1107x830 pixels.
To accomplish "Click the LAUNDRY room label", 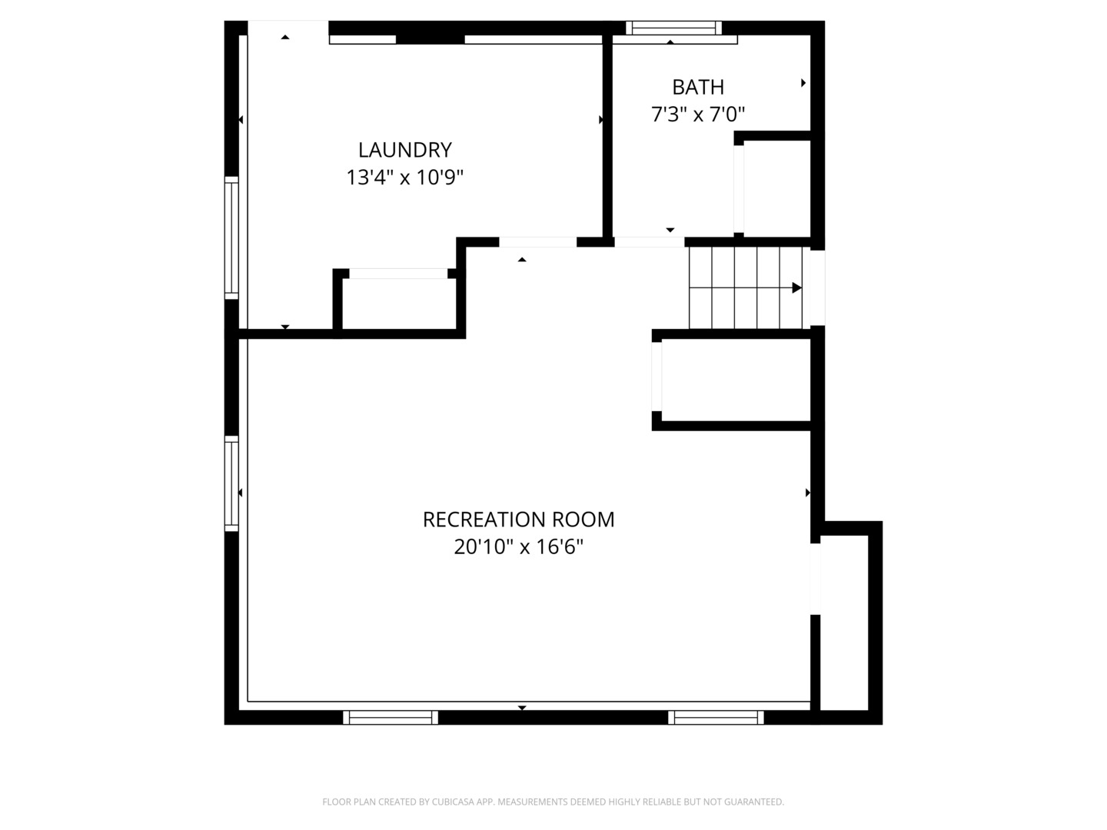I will click(404, 149).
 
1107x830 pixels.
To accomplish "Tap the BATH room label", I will click(698, 87).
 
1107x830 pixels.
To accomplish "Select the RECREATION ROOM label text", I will click(518, 520).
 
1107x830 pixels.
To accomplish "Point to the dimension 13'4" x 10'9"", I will click(404, 178).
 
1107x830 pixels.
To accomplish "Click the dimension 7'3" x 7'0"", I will click(698, 115).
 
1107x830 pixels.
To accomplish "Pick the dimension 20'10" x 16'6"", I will click(518, 547).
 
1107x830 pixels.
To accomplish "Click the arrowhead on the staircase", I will click(796, 288).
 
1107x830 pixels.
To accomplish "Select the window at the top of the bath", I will click(673, 28).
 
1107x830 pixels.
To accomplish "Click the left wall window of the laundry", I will click(231, 237).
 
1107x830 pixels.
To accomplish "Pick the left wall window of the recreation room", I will click(231, 483).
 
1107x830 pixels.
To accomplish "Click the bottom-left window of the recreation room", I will click(391, 718).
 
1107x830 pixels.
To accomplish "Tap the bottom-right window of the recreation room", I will click(716, 718).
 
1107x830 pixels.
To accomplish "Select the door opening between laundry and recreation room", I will click(538, 242).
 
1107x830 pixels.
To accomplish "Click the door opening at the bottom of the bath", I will click(649, 242).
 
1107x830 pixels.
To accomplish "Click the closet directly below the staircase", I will click(735, 380).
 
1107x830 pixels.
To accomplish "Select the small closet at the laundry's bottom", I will click(398, 304).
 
